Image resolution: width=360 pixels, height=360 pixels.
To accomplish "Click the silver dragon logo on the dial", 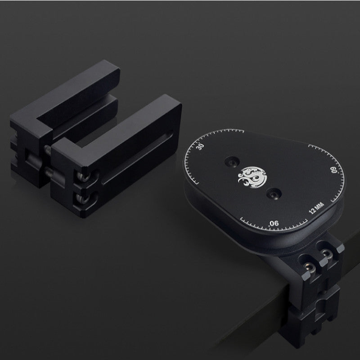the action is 252,177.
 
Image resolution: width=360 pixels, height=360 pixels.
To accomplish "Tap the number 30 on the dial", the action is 201,147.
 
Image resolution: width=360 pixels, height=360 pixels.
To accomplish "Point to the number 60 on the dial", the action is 334,170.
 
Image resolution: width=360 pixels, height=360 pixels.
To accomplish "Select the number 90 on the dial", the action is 274,223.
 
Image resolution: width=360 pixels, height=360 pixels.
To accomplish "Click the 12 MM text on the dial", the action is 316,208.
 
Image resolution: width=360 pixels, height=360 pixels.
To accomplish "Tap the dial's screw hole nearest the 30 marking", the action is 232,162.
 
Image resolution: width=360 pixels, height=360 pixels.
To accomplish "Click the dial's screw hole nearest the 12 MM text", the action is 274,193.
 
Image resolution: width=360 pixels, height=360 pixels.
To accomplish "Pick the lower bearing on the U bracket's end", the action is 83,198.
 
